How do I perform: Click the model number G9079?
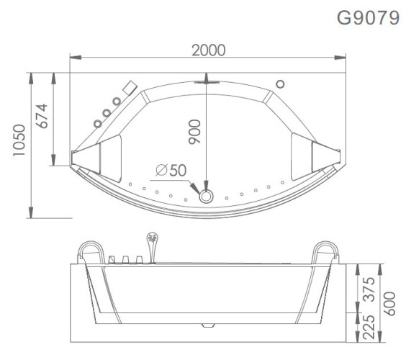pos(369,18)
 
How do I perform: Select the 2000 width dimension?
pos(209,50)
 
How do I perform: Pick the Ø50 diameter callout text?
pos(170,171)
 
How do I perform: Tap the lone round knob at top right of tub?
pos(281,81)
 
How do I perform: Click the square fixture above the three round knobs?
pos(130,87)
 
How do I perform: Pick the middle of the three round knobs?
pos(107,112)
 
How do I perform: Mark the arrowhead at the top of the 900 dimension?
pos(207,81)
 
